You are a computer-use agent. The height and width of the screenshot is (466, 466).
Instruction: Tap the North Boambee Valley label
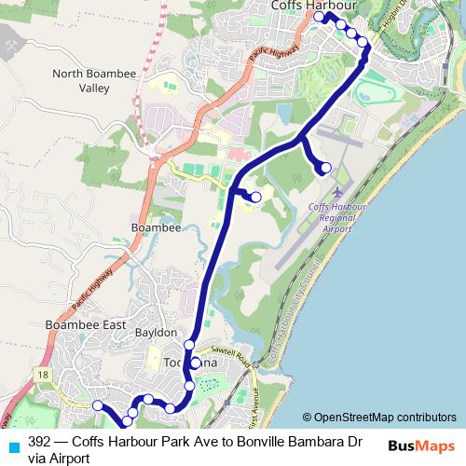point(94,81)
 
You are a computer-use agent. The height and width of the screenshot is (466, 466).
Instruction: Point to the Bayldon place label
point(156,332)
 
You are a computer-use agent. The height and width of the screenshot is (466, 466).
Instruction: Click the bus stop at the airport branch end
point(325,168)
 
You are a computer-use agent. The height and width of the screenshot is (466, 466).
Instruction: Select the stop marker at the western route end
point(97,404)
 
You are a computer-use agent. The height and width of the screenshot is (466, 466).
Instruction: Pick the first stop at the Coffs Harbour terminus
point(320,17)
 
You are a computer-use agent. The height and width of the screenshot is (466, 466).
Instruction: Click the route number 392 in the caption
point(39,442)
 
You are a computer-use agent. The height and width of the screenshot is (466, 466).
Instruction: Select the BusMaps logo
point(420,446)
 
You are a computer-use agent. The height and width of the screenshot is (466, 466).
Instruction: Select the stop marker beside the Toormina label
point(196,363)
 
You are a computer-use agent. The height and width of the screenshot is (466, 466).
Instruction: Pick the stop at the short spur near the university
point(254,196)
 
